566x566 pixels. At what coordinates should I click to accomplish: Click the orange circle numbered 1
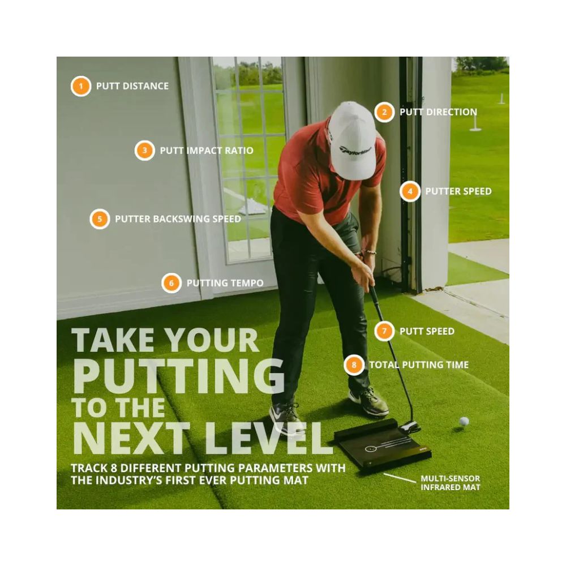point(80,86)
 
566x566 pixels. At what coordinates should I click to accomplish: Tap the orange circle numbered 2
point(384,112)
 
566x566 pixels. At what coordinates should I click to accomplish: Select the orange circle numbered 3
point(145,150)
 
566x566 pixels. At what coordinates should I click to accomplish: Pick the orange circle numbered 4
point(410,191)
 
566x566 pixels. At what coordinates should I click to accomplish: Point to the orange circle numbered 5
point(100,218)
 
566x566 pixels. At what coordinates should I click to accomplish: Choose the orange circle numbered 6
point(171,282)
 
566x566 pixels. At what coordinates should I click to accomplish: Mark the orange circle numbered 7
point(384,331)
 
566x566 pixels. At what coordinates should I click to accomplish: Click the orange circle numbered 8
point(354,365)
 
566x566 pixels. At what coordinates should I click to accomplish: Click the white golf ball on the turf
point(464,422)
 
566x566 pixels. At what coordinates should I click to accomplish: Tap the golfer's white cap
point(351,141)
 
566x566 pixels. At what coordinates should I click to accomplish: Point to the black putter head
point(410,427)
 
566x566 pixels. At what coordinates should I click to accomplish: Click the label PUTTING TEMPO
point(225,283)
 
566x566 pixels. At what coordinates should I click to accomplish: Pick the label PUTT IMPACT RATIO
point(207,151)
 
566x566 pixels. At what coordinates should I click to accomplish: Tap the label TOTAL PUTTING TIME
point(419,365)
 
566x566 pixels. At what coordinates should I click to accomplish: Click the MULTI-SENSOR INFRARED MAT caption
point(450,483)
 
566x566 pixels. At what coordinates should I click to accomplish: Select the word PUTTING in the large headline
point(179,376)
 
